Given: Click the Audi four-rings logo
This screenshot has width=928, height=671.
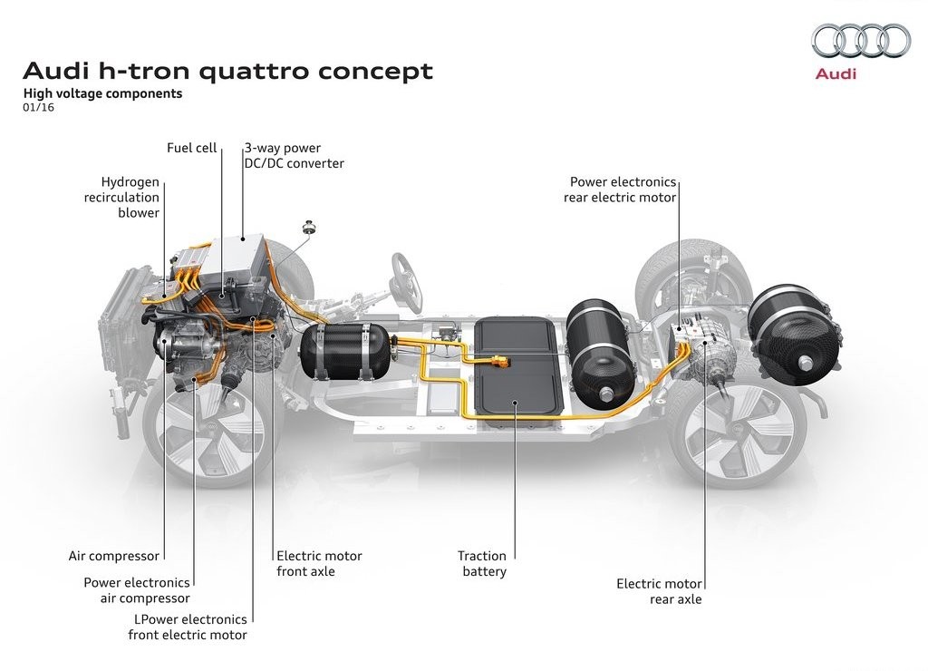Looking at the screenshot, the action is tap(861, 40).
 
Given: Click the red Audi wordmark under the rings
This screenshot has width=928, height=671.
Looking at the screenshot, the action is tap(836, 74).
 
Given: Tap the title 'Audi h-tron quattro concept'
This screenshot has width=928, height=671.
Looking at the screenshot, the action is tap(227, 71).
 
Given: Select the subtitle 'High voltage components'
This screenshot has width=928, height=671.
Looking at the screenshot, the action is tap(102, 93).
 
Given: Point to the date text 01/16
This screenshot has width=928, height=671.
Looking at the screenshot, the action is tap(38, 108).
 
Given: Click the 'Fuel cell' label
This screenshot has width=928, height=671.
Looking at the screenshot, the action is tap(192, 148).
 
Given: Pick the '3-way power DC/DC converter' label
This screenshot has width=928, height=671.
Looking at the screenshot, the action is tap(295, 156).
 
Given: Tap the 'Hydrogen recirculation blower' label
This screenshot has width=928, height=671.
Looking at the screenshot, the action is tap(122, 197).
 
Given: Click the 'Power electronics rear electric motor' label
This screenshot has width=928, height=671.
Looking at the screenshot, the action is tap(620, 190).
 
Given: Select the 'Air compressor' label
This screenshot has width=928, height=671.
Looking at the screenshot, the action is tap(113, 556).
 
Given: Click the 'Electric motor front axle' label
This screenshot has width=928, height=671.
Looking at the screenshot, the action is tap(319, 564).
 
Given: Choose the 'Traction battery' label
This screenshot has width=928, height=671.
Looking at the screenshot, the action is tap(482, 564).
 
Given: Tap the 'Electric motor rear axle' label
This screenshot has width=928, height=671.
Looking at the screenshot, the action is tap(659, 591).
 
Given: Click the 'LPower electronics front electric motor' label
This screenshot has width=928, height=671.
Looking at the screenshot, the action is tap(188, 627).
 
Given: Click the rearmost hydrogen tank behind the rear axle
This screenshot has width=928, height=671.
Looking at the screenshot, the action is tap(794, 335).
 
